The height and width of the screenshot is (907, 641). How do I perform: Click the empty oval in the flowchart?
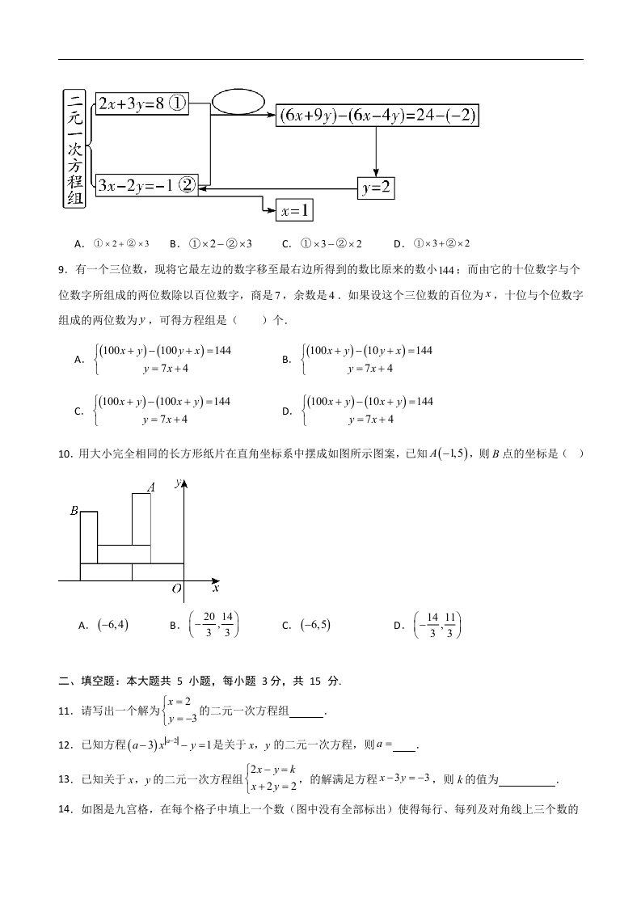238,101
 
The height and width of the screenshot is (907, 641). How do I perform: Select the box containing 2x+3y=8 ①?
141,103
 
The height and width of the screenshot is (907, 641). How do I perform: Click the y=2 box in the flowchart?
376,188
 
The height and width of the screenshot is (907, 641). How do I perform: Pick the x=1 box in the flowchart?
294,211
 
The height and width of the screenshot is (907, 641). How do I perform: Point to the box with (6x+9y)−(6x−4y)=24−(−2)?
377,116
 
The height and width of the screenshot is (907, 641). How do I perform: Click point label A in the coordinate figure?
150,487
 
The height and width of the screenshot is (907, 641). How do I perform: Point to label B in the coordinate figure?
74,511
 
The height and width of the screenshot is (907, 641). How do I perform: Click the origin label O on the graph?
176,590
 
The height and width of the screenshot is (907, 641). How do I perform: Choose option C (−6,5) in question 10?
317,625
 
